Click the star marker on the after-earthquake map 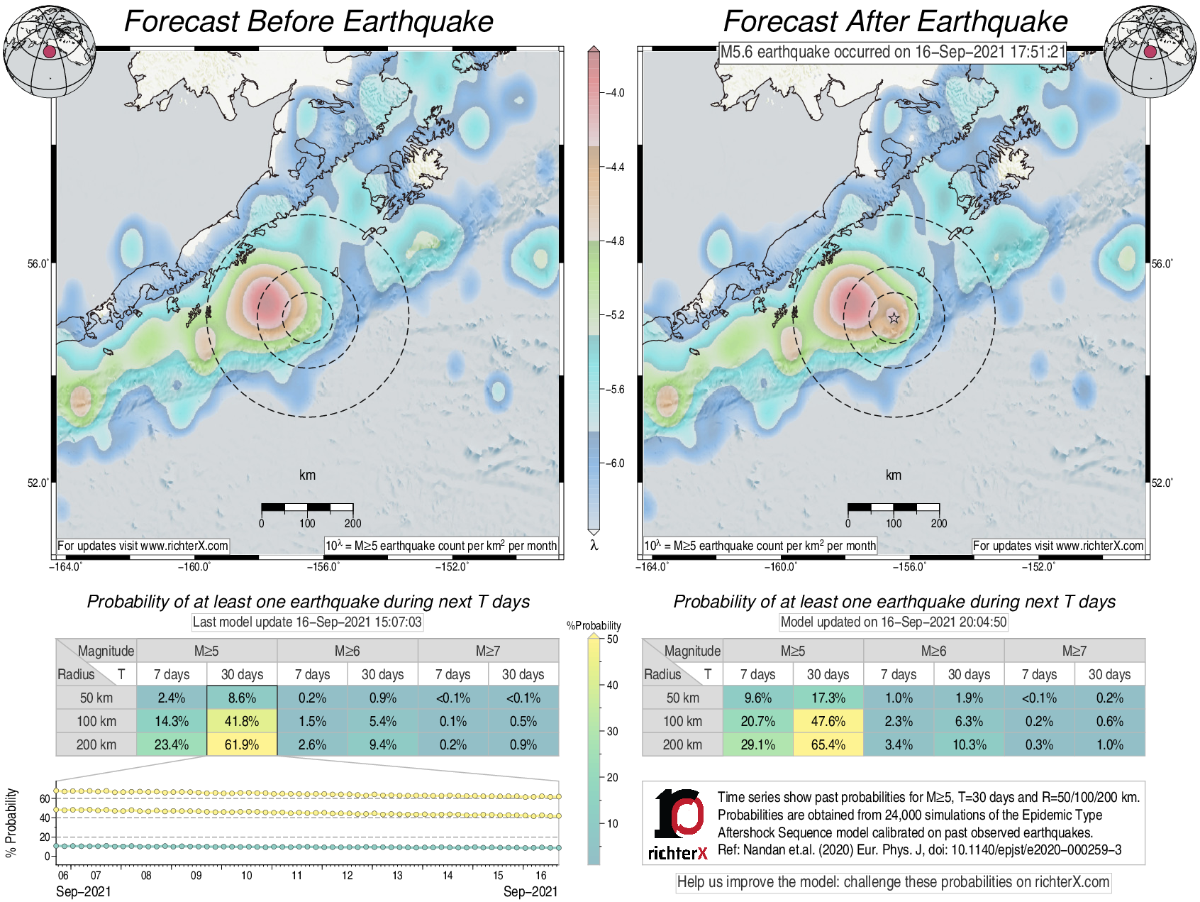[x=894, y=318]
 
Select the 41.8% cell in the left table [x=242, y=721]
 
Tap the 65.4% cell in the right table [x=828, y=744]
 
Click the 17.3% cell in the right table [x=828, y=698]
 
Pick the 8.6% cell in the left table [x=242, y=698]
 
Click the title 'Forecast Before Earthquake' [x=309, y=21]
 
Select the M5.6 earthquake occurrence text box [x=893, y=52]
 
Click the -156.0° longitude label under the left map [x=323, y=566]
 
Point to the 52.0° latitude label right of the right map [x=1162, y=483]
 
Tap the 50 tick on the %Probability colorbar [x=612, y=639]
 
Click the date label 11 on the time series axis [x=296, y=875]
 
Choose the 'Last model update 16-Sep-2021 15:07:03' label [x=307, y=622]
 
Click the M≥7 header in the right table [x=1074, y=651]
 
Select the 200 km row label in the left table [x=96, y=744]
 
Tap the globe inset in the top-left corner [x=50, y=51]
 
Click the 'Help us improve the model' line [x=893, y=882]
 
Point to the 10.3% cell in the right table [x=969, y=744]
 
